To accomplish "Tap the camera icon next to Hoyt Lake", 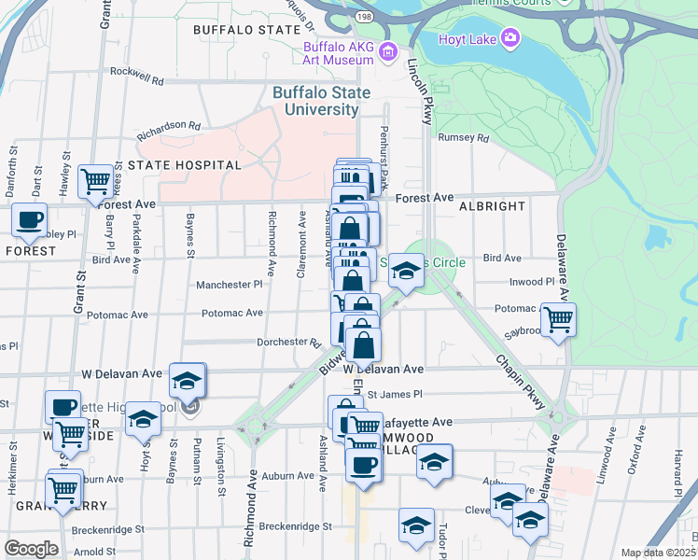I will tap(510, 37).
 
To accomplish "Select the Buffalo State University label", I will tap(322, 101).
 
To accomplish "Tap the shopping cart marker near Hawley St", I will tap(96, 182).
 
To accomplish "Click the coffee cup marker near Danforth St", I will tap(29, 220).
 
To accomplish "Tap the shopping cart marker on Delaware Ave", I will tap(558, 319).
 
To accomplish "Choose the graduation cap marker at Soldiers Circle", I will tap(405, 271).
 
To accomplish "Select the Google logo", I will tap(31, 549).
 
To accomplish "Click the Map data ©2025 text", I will tap(657, 553).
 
